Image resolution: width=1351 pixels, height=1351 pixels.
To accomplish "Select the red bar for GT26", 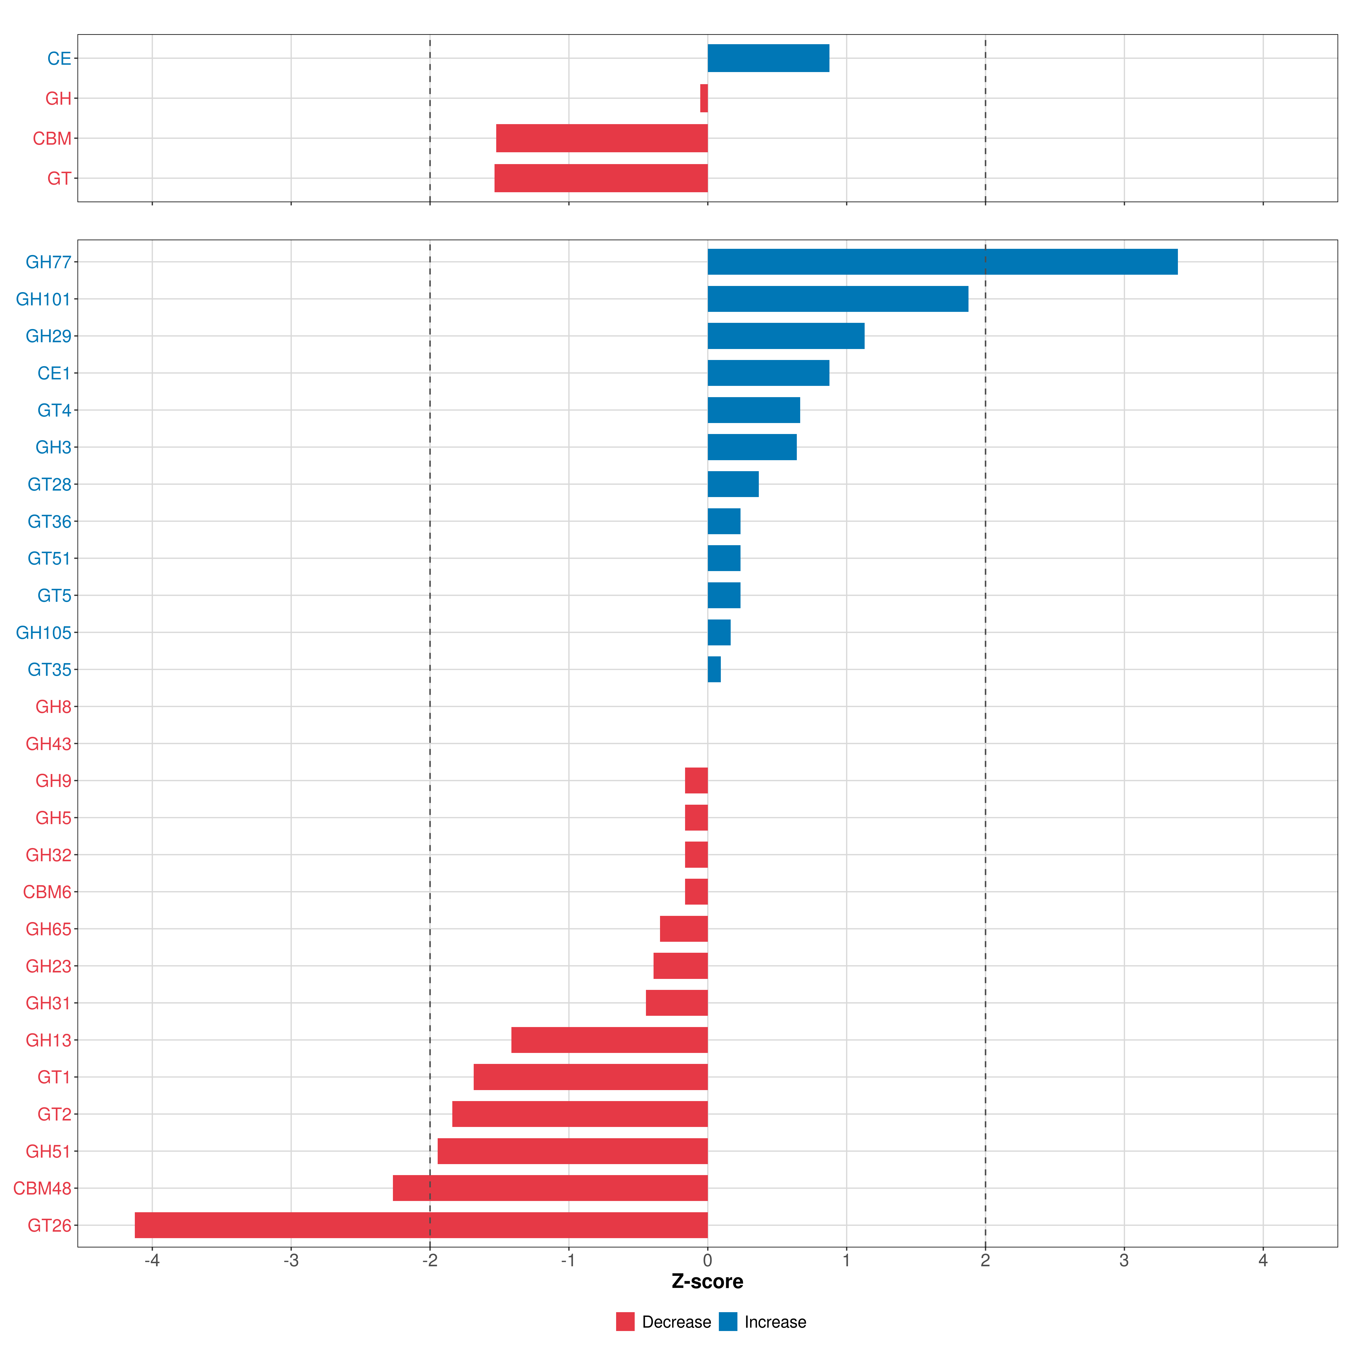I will tap(421, 1225).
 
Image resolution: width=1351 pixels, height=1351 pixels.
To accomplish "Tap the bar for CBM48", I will tap(550, 1188).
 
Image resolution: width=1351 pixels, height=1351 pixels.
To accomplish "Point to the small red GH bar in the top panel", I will tap(704, 98).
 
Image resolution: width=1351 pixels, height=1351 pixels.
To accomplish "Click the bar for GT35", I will tap(714, 669).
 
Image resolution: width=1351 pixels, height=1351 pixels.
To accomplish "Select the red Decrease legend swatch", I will tap(625, 1322).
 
